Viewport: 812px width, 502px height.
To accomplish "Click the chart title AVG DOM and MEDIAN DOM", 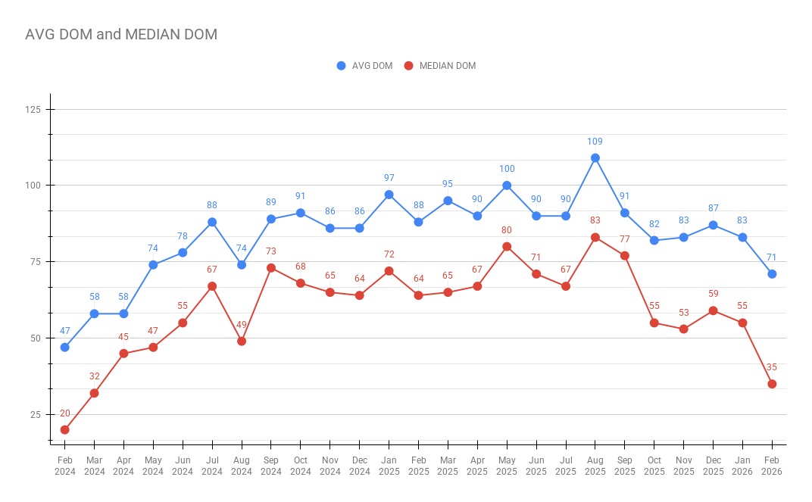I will pos(121,34).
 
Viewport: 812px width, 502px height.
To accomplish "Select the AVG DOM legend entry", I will pos(365,66).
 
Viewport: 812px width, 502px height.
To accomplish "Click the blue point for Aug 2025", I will pos(595,158).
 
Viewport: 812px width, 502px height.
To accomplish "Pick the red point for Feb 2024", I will pos(65,430).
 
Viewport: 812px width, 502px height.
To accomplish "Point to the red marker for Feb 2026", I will pos(772,384).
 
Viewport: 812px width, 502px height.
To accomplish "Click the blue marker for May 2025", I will pos(507,186).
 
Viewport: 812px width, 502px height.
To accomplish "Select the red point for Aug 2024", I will pos(242,341).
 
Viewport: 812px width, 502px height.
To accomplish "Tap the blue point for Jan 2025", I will pos(389,195).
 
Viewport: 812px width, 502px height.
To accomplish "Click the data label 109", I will pos(595,142).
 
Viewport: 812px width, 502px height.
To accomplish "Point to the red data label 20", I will pos(65,413).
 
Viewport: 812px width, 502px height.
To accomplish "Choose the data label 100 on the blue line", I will pos(507,169).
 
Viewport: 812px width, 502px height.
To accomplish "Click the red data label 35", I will pos(772,367).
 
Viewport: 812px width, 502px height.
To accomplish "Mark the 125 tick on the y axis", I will pos(33,110).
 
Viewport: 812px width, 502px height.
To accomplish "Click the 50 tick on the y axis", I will pos(35,338).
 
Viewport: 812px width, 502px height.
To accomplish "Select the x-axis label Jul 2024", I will pos(212,466).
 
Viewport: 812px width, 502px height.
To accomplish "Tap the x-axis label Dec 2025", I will pos(713,466).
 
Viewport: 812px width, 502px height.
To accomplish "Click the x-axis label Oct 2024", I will pos(301,466).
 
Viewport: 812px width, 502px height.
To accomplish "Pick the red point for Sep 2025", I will pos(625,256).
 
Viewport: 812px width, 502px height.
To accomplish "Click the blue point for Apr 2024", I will pos(123,313).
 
